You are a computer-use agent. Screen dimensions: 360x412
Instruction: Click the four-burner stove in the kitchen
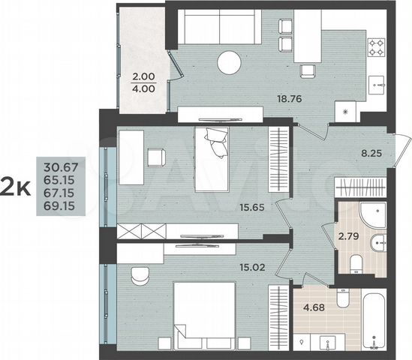click(375, 49)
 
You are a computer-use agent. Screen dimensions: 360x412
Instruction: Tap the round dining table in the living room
click(230, 63)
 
